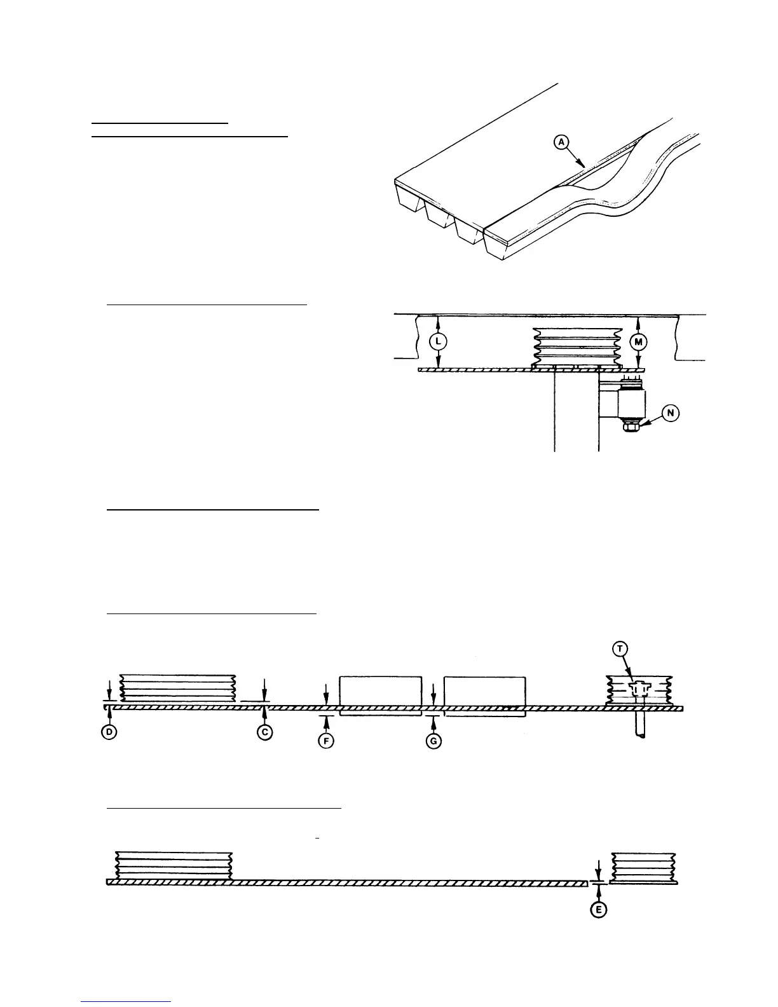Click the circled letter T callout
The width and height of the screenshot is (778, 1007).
tap(620, 648)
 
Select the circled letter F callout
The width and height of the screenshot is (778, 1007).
tap(326, 741)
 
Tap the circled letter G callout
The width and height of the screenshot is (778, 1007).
tap(433, 741)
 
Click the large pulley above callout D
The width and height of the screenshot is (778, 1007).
tap(178, 688)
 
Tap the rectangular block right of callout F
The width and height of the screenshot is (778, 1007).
tap(381, 690)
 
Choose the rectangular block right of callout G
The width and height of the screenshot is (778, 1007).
tap(485, 690)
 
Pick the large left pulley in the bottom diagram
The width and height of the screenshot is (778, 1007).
tap(174, 865)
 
